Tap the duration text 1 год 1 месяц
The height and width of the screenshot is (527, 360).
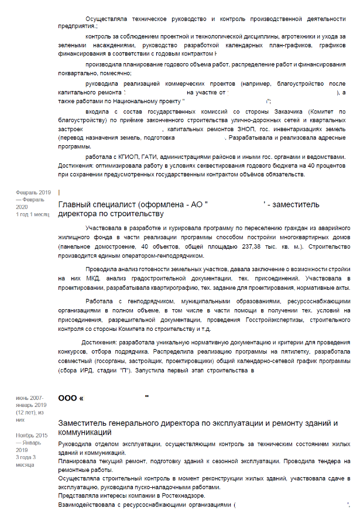32,214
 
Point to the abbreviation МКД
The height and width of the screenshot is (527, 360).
93,279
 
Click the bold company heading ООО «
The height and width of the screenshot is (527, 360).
70,398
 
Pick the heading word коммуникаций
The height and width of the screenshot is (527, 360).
84,433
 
